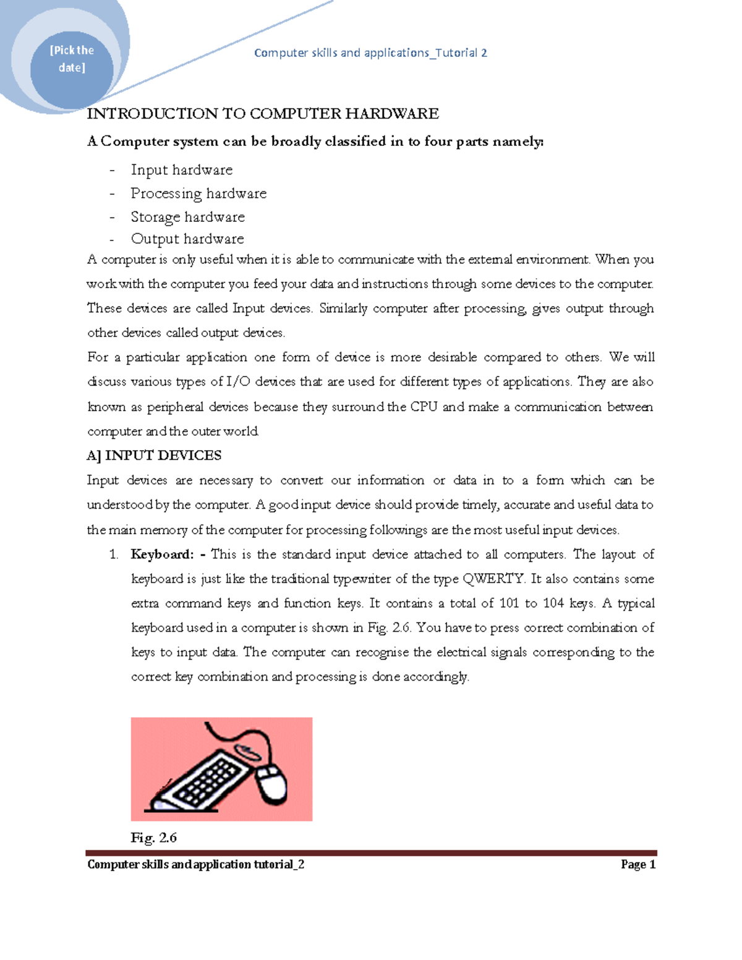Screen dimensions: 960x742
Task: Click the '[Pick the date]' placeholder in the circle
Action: point(72,59)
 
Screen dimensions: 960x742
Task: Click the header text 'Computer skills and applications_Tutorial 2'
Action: point(370,53)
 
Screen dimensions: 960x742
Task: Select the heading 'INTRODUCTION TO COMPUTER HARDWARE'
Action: point(263,114)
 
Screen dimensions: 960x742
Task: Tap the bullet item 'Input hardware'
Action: point(182,170)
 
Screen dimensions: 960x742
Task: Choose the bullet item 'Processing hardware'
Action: point(198,193)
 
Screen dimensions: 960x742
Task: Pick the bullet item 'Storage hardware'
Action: point(188,217)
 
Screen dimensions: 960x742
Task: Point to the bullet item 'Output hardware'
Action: point(187,239)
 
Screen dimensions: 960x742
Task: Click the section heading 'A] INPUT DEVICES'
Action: point(154,456)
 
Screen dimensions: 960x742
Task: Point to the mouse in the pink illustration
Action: point(272,783)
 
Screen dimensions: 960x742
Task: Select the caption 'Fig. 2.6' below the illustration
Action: point(153,838)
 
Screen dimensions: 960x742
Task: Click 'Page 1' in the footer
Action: point(638,865)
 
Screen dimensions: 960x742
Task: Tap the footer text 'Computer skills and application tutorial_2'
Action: point(195,865)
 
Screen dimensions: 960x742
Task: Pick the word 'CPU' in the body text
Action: point(424,407)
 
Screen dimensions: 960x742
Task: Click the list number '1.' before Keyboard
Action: point(114,554)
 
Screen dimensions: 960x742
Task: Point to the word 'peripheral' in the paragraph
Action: point(175,407)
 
